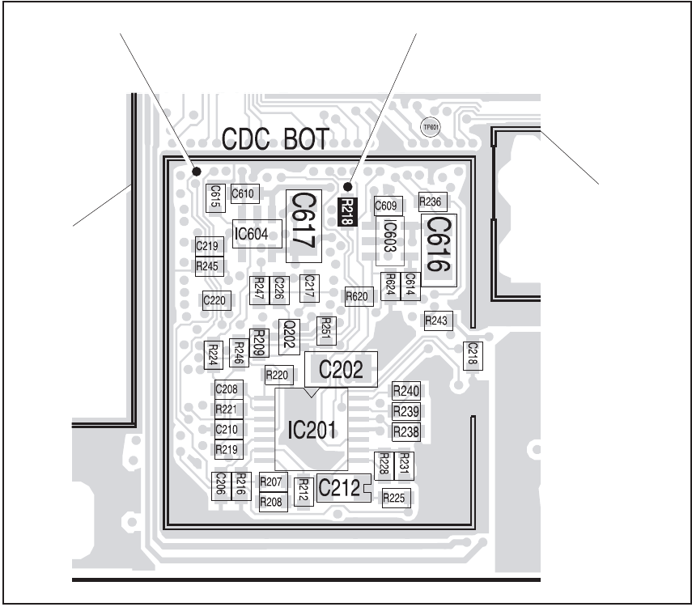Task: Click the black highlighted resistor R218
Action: tap(347, 211)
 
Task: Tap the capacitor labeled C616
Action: tap(438, 246)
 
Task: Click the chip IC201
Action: tap(311, 429)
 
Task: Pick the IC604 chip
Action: tap(257, 235)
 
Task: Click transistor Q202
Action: tap(287, 334)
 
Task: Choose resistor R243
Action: tap(436, 321)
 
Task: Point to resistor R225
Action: tap(394, 498)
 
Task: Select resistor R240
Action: tap(405, 391)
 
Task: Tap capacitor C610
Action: tap(244, 193)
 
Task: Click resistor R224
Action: tap(213, 354)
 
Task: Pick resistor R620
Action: tap(358, 296)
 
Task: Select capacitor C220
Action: tap(216, 300)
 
